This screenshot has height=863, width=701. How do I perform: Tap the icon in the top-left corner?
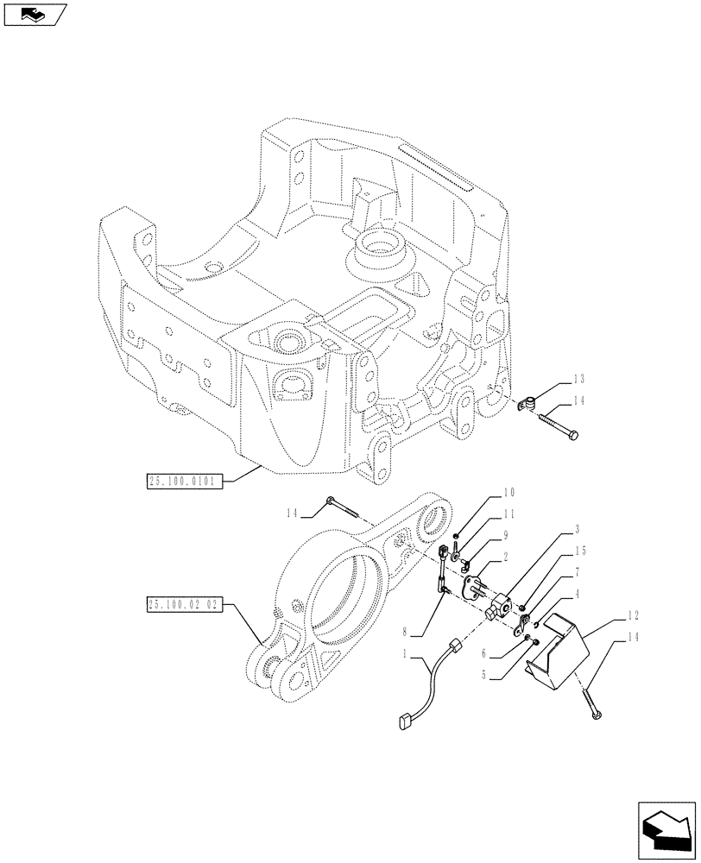tap(35, 14)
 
